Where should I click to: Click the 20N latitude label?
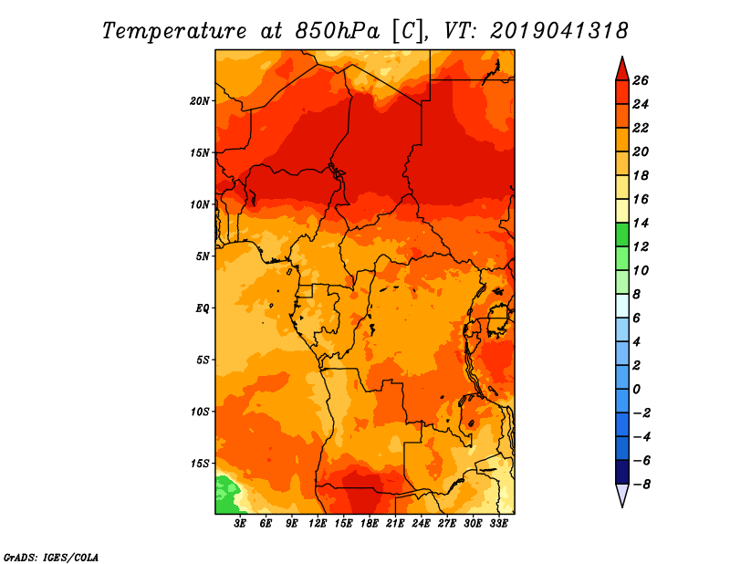pyautogui.click(x=199, y=100)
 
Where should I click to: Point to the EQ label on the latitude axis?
pyautogui.click(x=203, y=308)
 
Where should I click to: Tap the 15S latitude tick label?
pyautogui.click(x=200, y=464)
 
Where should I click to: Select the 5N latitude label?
pyautogui.click(x=203, y=256)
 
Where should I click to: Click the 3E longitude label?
pyautogui.click(x=240, y=523)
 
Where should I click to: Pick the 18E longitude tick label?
pyautogui.click(x=370, y=523)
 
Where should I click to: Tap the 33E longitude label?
pyautogui.click(x=498, y=523)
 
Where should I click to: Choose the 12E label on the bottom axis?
pyautogui.click(x=318, y=523)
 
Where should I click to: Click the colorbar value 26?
pyautogui.click(x=641, y=80)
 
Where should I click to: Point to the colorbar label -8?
pyautogui.click(x=641, y=485)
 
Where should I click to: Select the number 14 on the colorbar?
pyautogui.click(x=641, y=223)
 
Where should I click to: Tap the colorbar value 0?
pyautogui.click(x=636, y=390)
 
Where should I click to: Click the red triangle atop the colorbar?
pyautogui.click(x=622, y=70)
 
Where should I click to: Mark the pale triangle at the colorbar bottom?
pyautogui.click(x=622, y=494)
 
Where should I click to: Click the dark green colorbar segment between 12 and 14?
pyautogui.click(x=622, y=235)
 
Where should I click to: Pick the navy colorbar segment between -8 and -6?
pyautogui.click(x=622, y=472)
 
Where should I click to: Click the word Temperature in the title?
pyautogui.click(x=174, y=32)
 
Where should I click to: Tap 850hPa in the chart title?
pyautogui.click(x=337, y=31)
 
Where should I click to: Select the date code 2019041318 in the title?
pyautogui.click(x=558, y=31)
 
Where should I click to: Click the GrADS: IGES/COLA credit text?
pyautogui.click(x=51, y=558)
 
